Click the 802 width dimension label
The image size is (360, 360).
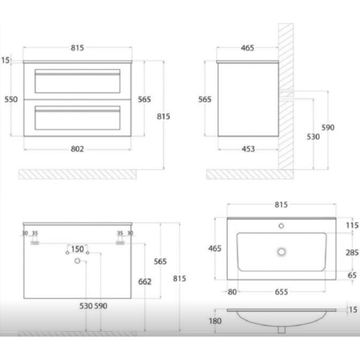click(x=77, y=149)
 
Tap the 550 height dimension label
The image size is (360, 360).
click(x=11, y=99)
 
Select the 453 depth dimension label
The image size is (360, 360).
click(x=248, y=149)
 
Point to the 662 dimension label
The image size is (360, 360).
click(x=144, y=282)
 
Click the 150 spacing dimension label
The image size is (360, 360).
click(x=77, y=249)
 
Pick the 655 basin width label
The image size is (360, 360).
click(x=281, y=292)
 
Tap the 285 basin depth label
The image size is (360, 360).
click(x=352, y=252)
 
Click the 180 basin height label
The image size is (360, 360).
click(x=215, y=321)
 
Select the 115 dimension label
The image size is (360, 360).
click(x=352, y=225)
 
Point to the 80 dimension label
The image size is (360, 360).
click(x=232, y=292)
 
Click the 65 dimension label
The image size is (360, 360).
click(x=352, y=275)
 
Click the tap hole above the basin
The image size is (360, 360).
click(x=281, y=226)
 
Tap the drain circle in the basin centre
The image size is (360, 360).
click(x=282, y=252)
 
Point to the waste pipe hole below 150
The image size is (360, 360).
click(x=77, y=261)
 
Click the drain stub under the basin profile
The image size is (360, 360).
click(x=282, y=329)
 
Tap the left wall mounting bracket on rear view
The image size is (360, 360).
click(x=35, y=243)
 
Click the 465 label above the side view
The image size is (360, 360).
click(x=247, y=48)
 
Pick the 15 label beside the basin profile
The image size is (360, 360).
click(x=353, y=310)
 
